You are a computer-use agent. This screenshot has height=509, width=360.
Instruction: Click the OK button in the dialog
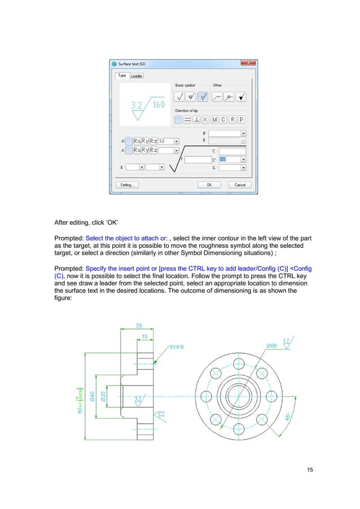(209, 185)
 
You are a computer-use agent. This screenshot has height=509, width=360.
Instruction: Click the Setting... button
(126, 185)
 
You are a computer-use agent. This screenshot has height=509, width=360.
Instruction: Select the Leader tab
(137, 76)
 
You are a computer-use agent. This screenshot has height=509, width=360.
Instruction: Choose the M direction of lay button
(214, 120)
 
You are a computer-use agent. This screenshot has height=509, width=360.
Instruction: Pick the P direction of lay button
(241, 120)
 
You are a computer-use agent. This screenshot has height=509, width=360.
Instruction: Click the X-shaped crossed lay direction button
(205, 120)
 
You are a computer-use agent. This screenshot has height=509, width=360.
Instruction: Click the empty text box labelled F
(197, 160)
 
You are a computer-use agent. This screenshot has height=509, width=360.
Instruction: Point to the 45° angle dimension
(288, 418)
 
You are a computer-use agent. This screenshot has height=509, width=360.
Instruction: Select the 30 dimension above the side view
(139, 325)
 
